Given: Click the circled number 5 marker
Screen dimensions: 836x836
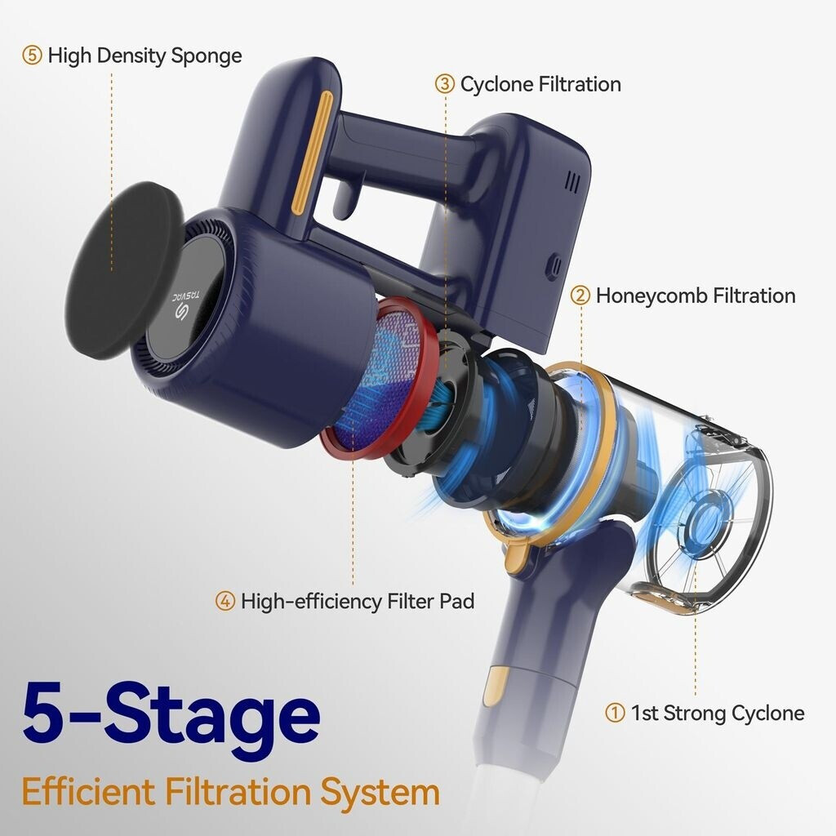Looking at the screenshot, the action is [32, 56].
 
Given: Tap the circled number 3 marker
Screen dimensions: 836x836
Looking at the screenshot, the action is [445, 84].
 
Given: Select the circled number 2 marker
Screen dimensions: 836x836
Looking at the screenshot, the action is [580, 296].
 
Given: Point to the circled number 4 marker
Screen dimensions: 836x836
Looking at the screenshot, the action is [225, 602].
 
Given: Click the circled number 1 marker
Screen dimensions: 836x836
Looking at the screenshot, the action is [615, 713].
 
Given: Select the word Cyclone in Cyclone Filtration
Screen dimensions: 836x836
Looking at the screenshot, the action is [496, 85].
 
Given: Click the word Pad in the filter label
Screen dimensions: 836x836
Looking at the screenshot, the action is [457, 602].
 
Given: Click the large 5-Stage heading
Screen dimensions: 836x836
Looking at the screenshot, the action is [171, 714].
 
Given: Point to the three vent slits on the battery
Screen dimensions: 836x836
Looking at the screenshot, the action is [572, 182].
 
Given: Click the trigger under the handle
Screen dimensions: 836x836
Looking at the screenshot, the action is [345, 198].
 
